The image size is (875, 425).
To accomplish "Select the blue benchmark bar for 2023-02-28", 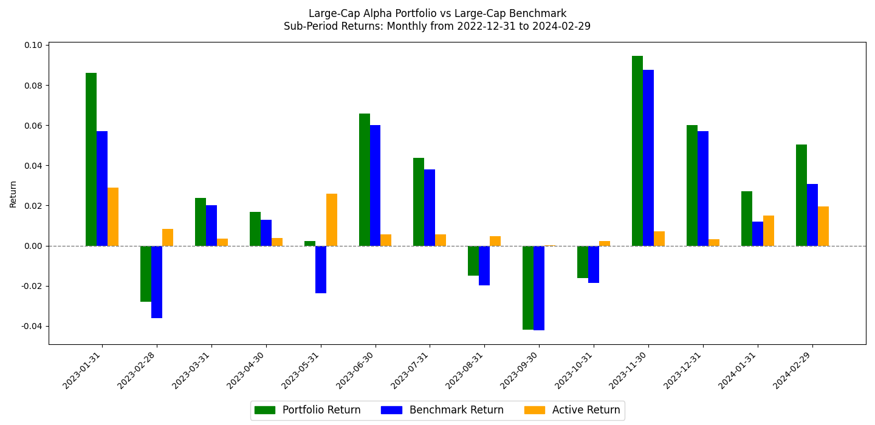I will (157, 282).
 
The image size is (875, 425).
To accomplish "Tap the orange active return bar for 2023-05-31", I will (332, 220).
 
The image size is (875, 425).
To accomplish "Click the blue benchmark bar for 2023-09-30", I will (539, 288).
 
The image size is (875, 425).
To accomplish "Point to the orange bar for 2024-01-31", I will (769, 231).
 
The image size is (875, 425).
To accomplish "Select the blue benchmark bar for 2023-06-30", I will (375, 185).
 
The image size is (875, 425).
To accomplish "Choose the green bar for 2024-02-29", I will (801, 195).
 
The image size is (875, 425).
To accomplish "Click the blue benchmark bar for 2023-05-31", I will (321, 270).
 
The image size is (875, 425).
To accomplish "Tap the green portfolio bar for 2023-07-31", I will (419, 202).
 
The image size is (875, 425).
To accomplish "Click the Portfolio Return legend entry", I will (307, 410).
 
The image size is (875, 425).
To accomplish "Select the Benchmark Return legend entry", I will (442, 410).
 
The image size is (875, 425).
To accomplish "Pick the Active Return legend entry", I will (572, 410).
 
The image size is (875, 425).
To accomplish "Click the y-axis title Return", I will (13, 194).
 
